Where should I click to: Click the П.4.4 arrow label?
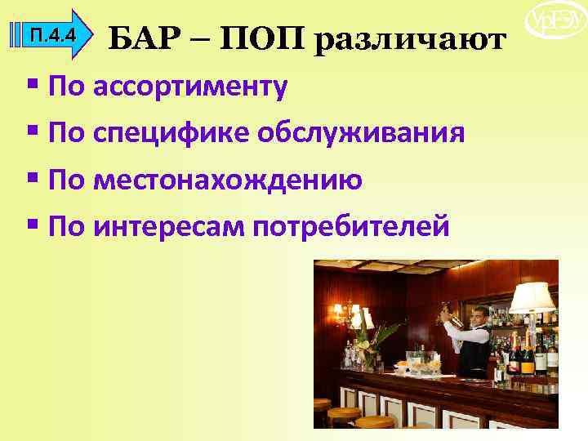tap(52, 35)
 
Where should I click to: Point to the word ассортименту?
tap(190, 87)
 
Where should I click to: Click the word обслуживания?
tap(362, 133)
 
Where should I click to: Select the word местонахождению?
tap(228, 179)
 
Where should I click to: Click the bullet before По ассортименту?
tap(33, 85)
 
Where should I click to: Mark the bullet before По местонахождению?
tap(33, 177)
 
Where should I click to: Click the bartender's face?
tap(479, 317)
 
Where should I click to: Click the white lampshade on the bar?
tap(531, 297)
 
